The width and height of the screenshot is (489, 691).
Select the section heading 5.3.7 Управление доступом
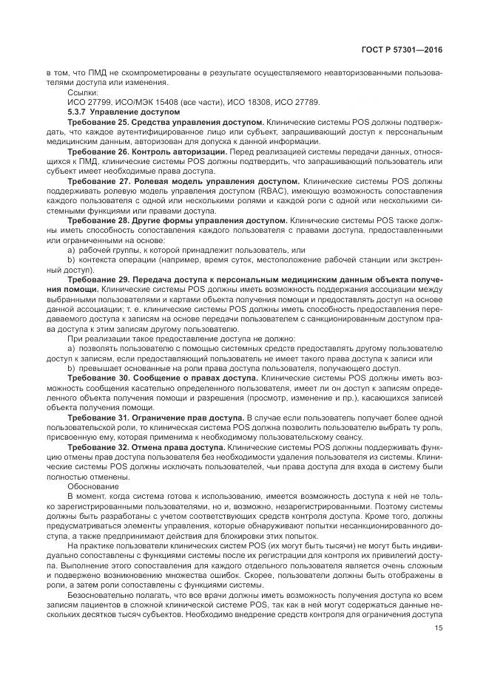(x=112, y=110)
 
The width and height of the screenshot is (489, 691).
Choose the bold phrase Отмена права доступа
(x=176, y=447)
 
